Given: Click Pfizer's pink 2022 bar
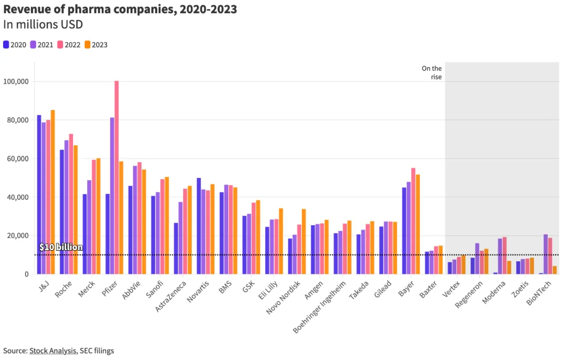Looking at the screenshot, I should [x=116, y=178].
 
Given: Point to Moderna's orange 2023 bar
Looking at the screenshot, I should [x=509, y=268].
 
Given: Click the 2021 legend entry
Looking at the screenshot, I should [x=42, y=45].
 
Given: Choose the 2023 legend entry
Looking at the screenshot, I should [x=96, y=45].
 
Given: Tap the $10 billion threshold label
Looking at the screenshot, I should [x=61, y=247].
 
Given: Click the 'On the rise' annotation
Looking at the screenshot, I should [x=432, y=73].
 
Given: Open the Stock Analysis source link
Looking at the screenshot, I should [x=53, y=351].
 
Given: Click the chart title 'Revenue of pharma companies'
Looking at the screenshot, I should [x=120, y=9].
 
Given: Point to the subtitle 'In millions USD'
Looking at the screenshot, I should [x=43, y=25].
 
